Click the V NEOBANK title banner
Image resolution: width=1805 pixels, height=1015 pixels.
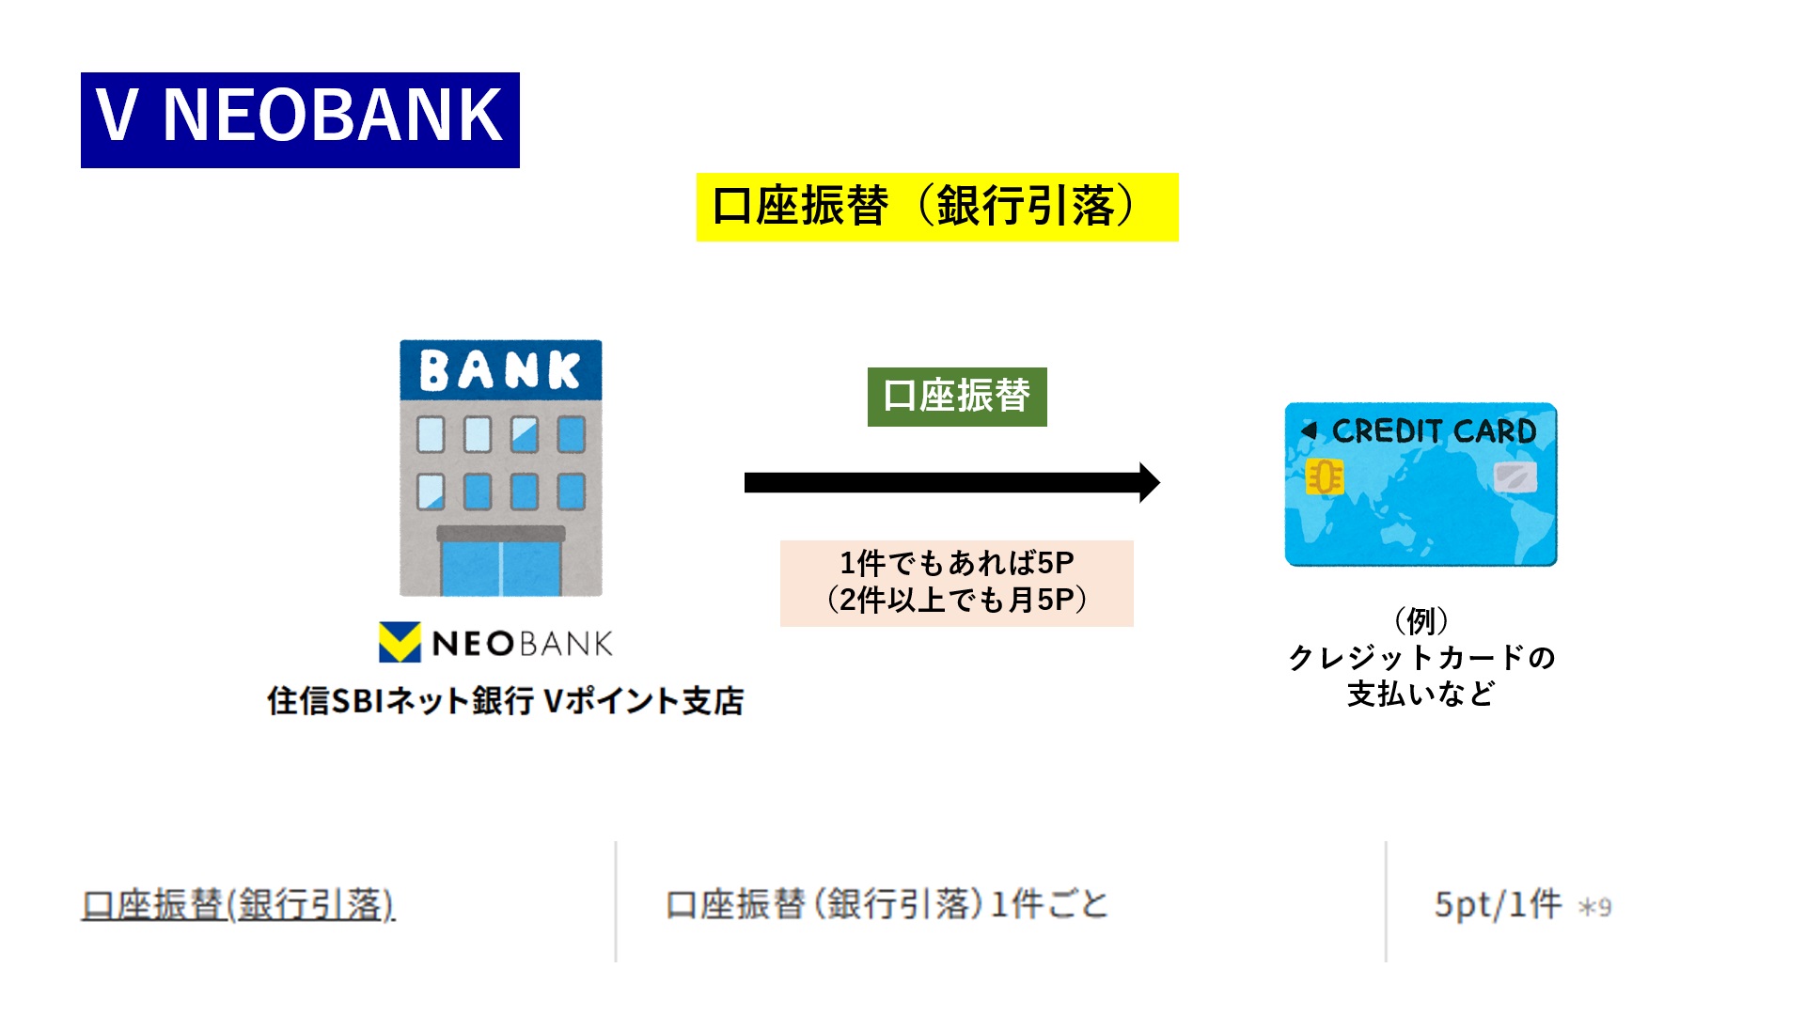click(300, 119)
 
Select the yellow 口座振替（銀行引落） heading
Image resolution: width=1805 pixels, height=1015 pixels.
click(936, 207)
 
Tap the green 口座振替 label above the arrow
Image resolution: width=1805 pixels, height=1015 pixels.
click(956, 397)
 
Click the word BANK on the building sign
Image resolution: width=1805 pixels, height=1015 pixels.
click(500, 370)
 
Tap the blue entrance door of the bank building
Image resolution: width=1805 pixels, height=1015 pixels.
click(500, 568)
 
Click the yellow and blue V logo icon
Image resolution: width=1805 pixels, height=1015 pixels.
click(400, 643)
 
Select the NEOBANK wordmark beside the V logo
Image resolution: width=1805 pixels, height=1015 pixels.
click(522, 644)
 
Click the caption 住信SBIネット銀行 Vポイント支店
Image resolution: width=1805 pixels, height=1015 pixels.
click(505, 701)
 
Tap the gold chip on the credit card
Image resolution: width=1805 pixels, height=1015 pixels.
click(1325, 477)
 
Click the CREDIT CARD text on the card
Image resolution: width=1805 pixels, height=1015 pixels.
click(1434, 431)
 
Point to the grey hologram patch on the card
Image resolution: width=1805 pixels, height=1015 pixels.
click(1515, 477)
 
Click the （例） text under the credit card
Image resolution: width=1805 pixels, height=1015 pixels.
click(1420, 620)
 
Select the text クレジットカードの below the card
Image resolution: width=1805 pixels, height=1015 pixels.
click(1420, 657)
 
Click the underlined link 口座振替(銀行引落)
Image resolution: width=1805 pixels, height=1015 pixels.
click(238, 904)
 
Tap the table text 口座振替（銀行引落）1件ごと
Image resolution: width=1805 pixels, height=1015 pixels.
click(887, 904)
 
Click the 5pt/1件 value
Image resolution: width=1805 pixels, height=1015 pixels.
click(1497, 904)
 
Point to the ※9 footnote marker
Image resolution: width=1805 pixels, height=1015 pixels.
click(1595, 908)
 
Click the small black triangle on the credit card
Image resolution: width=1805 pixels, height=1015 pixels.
click(1308, 430)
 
